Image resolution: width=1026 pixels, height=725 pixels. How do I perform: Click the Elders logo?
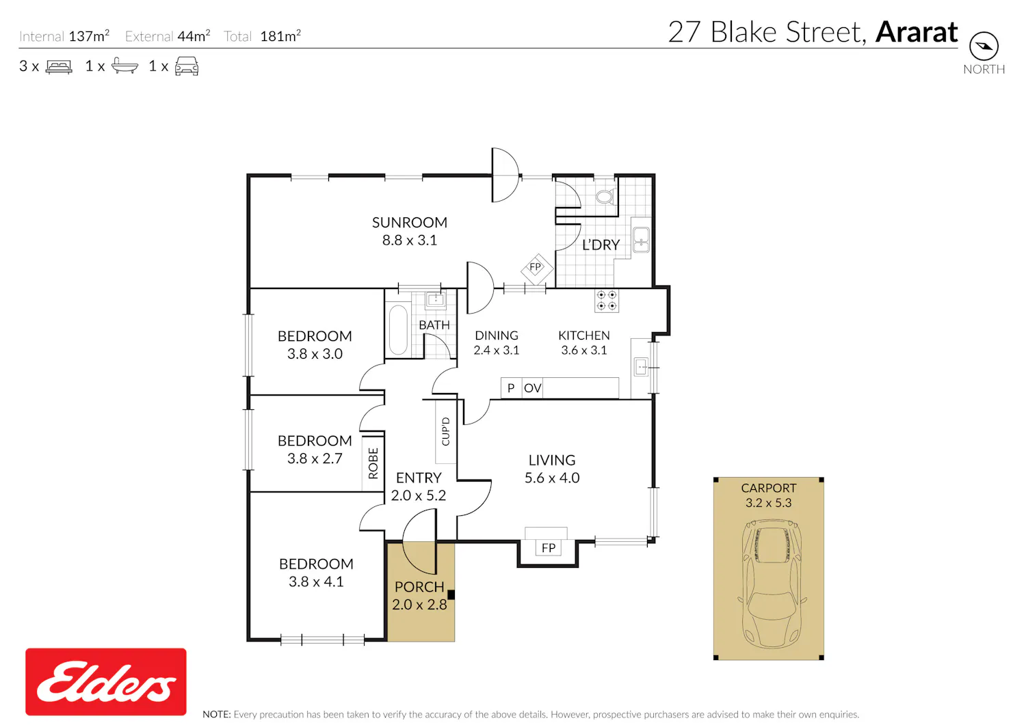106,681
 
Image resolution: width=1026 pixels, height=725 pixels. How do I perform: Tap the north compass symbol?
984,46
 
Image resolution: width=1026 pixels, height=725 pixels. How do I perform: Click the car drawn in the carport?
772,584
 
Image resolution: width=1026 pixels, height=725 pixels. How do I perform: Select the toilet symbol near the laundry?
605,196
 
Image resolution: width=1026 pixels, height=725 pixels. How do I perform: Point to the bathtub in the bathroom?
398,329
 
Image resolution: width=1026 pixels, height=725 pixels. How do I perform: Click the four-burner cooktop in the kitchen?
607,300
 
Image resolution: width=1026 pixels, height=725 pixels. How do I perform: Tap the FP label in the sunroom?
535,267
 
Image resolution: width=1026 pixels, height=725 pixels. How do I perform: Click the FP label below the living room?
549,548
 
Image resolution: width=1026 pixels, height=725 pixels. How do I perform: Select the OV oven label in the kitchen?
532,388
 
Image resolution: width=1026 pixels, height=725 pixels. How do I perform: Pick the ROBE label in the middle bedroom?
373,463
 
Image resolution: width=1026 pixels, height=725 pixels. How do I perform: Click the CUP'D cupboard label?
446,431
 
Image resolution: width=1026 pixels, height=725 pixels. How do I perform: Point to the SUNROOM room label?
410,223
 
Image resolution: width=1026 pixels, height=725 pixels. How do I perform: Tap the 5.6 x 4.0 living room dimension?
552,478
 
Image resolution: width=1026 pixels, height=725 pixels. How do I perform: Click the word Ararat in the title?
916,32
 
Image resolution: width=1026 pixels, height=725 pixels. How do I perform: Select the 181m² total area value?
280,36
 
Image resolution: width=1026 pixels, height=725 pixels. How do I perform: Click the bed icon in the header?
59,66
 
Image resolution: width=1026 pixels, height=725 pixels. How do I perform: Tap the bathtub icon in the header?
124,66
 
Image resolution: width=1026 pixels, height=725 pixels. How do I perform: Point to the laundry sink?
641,240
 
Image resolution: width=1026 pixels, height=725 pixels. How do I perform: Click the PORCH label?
419,587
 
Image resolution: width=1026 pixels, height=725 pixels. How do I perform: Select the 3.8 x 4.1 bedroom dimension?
316,582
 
